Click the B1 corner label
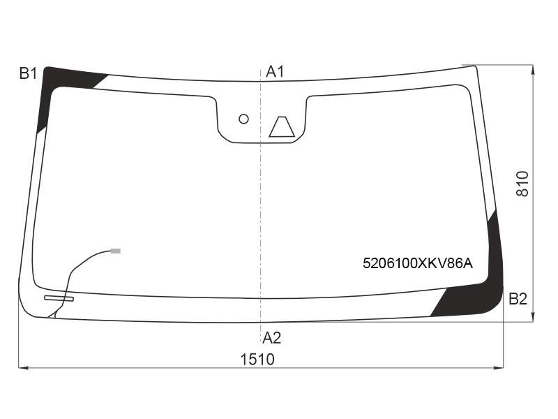point(28,74)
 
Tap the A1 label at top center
point(275,72)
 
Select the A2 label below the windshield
point(271,338)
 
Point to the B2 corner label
point(518,299)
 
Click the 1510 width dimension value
point(257,360)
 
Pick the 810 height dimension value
point(522,184)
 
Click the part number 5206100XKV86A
point(418,263)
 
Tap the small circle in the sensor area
point(243,119)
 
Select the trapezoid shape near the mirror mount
point(282,127)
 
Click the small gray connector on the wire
point(116,251)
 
